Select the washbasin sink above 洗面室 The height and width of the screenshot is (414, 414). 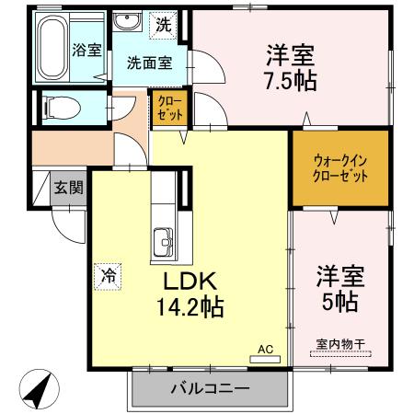point(128,24)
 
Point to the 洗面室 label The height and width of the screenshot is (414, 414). point(149,63)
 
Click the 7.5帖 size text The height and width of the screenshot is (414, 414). point(293,81)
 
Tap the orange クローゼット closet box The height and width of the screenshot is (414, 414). point(170,108)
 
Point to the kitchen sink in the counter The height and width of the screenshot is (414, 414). point(165,243)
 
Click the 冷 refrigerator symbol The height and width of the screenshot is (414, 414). point(109,274)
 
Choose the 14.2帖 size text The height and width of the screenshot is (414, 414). point(191,305)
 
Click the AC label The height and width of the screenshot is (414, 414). point(265,349)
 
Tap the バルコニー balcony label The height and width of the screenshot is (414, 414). point(209,388)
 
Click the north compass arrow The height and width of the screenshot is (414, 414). point(36,390)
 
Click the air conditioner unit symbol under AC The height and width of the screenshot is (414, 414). point(265,360)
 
